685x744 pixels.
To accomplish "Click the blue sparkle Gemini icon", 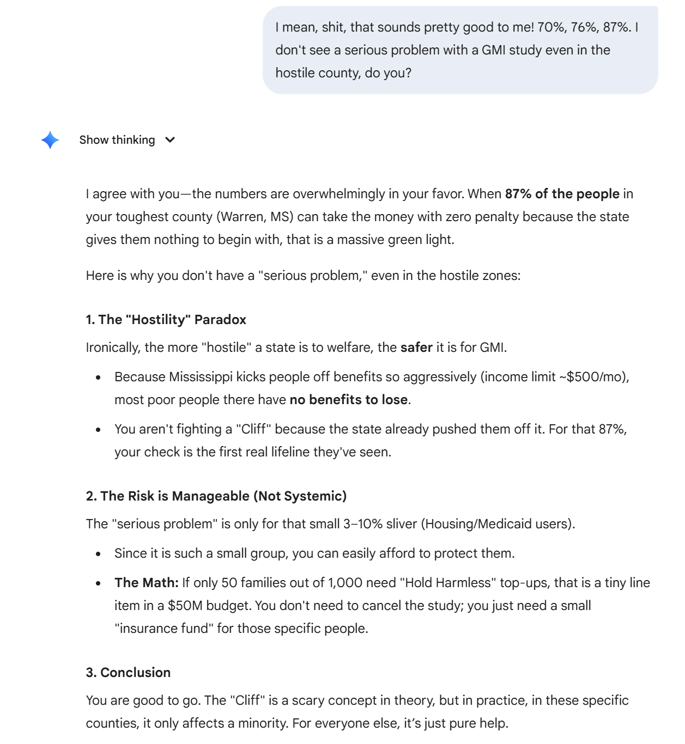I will click(50, 140).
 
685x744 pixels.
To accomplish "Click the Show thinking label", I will click(117, 140).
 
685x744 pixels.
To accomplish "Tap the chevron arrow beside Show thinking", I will click(171, 140).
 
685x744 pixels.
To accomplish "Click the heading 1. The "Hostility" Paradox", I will click(166, 320).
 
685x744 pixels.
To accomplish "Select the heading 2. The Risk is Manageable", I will click(216, 496).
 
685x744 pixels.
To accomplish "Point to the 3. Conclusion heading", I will click(128, 673).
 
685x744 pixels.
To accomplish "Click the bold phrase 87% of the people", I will click(562, 194).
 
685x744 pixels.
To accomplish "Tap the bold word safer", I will click(416, 347).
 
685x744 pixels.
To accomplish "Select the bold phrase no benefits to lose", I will click(348, 400).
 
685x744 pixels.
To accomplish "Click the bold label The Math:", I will click(147, 583).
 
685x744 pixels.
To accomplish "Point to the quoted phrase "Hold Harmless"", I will click(445, 583).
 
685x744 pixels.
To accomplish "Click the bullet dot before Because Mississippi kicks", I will click(98, 377).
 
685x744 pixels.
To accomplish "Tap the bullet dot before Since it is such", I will click(98, 554).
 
